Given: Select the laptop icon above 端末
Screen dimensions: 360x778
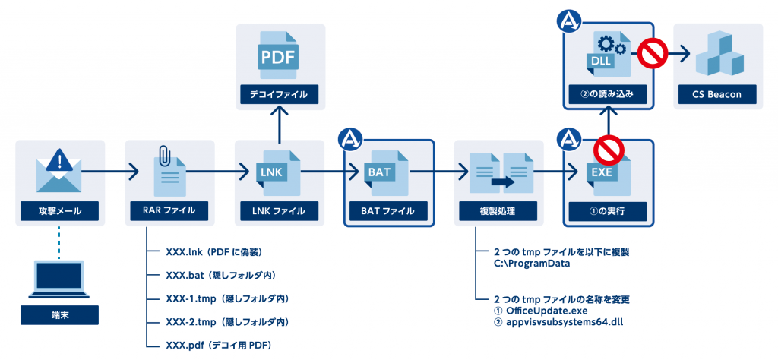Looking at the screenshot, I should tap(59, 281).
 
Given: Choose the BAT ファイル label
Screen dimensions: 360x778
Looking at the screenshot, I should tap(389, 210).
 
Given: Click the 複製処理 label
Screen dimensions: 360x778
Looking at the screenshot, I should tap(498, 210).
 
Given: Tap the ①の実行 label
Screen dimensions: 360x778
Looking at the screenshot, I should tap(608, 210).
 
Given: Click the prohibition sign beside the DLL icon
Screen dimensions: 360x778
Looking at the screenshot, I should tap(651, 55).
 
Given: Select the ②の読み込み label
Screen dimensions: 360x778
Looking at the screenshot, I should tap(608, 95).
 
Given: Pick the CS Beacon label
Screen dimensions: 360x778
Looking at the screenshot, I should tap(718, 95).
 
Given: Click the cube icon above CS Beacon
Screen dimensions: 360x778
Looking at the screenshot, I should tap(718, 55).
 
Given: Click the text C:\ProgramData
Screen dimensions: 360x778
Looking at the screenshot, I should tap(531, 263).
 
